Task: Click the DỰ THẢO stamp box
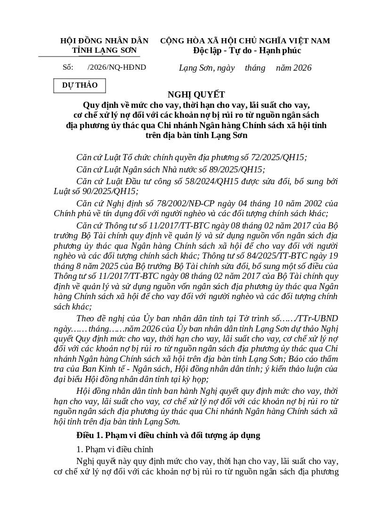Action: (80, 85)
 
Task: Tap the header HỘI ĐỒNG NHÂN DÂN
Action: (104, 41)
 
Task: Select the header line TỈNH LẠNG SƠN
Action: (104, 50)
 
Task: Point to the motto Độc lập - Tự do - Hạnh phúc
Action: (247, 50)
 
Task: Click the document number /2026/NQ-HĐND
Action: (117, 67)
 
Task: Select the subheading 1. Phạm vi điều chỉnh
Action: (115, 449)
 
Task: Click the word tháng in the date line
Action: (255, 68)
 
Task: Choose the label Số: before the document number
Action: (68, 67)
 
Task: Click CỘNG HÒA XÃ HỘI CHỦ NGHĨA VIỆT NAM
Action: (245, 41)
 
